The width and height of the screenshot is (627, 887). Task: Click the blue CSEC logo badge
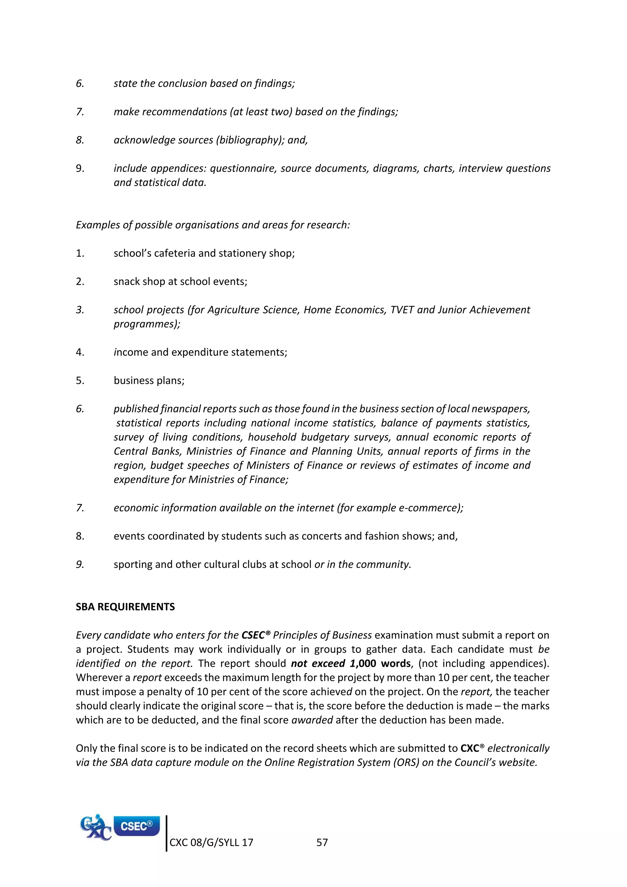136,826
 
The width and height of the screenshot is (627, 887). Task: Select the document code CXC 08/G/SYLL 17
211,843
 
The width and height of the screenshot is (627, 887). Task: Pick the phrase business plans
149,380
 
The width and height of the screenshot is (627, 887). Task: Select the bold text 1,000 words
380,664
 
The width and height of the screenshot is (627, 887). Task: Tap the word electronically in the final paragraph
518,748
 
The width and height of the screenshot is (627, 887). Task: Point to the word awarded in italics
312,720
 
